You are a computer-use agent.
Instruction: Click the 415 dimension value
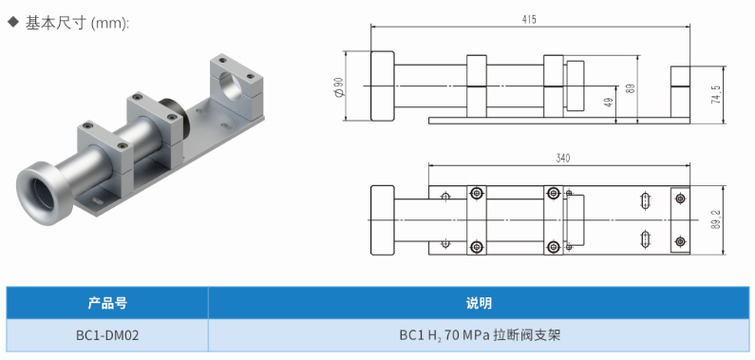point(528,20)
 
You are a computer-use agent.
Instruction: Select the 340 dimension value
point(562,159)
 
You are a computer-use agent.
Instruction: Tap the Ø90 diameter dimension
point(339,86)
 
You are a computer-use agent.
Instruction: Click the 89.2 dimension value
point(716,219)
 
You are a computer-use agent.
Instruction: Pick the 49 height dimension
point(609,103)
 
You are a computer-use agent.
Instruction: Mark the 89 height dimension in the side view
point(631,88)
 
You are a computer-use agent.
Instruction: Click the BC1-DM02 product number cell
point(107,335)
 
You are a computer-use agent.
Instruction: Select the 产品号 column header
point(107,303)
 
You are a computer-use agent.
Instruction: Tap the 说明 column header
point(479,303)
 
